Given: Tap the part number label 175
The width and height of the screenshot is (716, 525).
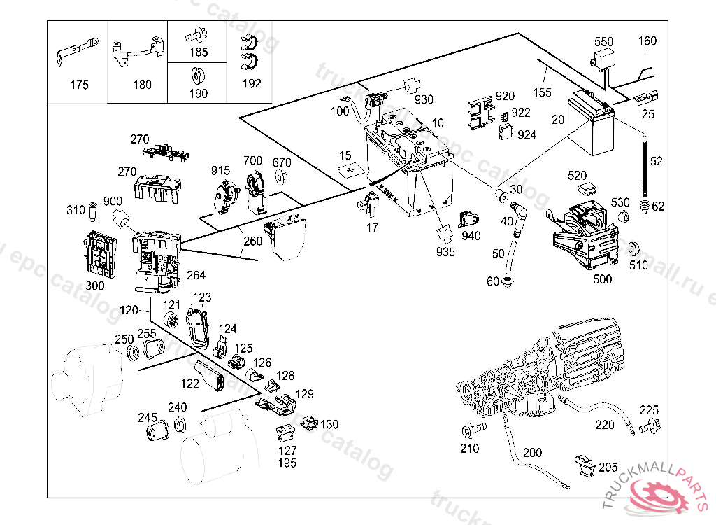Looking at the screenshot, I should click(x=80, y=85).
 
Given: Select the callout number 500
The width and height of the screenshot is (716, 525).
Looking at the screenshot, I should click(x=602, y=279).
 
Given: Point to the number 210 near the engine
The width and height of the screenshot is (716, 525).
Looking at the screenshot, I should click(x=469, y=448).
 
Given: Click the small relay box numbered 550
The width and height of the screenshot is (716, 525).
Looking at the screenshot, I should click(x=603, y=59).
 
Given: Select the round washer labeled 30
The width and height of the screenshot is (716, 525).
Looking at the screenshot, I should click(x=501, y=193).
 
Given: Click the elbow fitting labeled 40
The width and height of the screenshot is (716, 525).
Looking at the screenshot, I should click(x=520, y=211).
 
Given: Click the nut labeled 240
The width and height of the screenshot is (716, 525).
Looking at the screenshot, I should click(x=179, y=423).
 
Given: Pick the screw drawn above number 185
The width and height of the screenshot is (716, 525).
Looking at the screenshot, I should click(x=195, y=33).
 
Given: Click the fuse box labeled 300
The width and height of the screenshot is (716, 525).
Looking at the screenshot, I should click(x=99, y=253).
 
